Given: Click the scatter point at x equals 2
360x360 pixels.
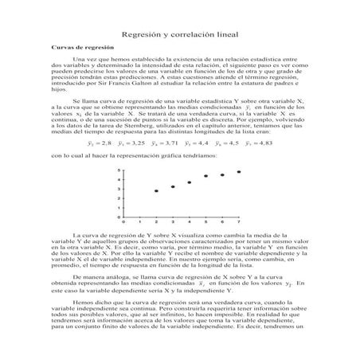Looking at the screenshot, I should pos(157,191).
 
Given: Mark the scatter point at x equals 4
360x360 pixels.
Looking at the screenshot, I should pos(190,182).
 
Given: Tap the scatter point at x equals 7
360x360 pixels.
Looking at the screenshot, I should pos(239,172).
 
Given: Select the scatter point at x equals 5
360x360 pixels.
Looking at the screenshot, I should pos(206,176).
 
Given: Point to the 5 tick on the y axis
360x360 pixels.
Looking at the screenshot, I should pos(118,170).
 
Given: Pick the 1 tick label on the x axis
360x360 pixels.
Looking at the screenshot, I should pos(140,221).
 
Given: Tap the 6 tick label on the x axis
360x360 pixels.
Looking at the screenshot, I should pos(222,221).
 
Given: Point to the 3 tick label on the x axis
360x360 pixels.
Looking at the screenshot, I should pos(173,221).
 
